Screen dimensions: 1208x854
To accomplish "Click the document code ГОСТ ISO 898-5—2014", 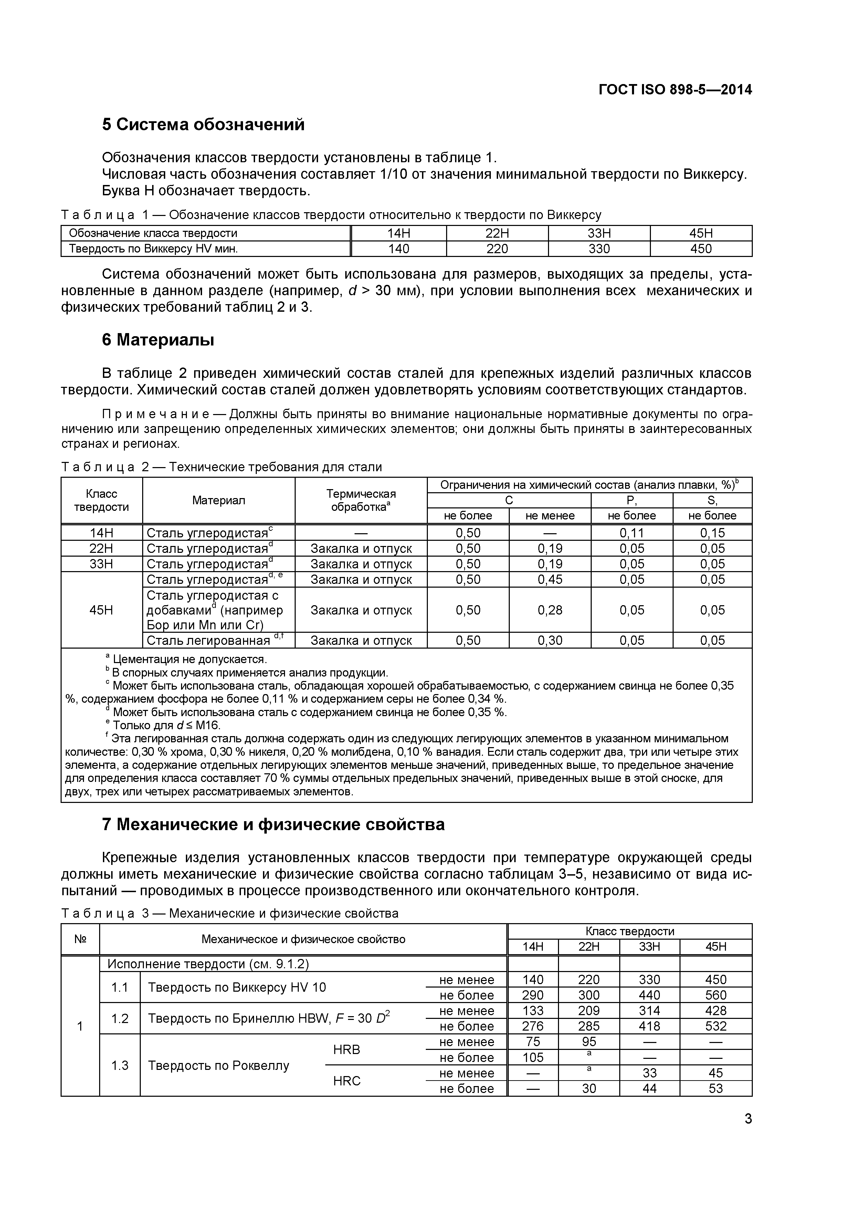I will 675,90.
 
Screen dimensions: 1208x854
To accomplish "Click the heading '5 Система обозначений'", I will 203,125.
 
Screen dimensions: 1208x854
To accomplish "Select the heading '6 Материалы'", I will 158,340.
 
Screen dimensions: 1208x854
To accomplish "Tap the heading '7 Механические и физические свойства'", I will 273,824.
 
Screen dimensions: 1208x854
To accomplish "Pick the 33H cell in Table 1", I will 599,233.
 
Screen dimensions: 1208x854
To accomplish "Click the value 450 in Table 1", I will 700,249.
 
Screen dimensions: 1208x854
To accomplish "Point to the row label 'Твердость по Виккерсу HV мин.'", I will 154,249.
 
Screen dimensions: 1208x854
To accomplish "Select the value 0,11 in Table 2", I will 632,533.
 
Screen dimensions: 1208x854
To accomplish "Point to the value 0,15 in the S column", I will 712,533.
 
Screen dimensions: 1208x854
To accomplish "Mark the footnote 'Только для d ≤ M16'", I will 166,725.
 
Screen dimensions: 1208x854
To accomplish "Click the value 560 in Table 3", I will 716,995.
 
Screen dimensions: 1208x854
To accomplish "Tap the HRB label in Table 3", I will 347,1050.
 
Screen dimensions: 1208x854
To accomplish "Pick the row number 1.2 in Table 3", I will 120,1019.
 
